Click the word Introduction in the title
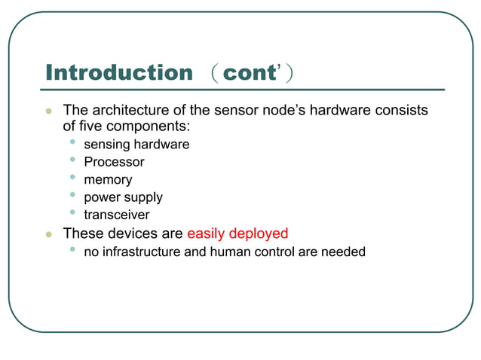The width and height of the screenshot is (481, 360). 119,73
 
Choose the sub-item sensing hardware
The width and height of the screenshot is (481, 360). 136,144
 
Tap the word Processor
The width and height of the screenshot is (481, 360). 114,162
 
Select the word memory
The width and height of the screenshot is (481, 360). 108,180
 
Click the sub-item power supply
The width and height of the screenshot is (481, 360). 123,197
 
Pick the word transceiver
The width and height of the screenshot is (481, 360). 117,215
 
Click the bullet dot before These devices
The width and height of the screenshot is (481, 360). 49,234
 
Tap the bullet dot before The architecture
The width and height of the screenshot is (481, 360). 49,111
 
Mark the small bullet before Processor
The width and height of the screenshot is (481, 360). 72,160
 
